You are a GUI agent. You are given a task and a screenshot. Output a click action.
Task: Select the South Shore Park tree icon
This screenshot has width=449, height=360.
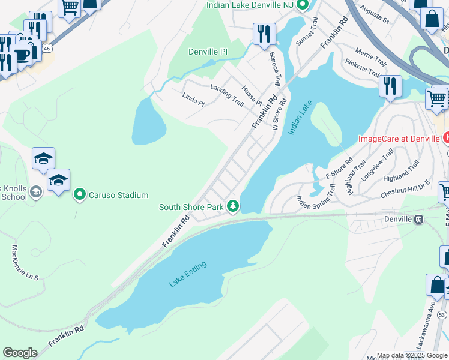[x=233, y=206]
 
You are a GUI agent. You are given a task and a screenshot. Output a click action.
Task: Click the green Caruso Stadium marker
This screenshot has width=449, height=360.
[x=79, y=195]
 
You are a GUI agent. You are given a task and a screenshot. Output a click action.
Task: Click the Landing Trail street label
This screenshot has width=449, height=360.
[x=226, y=95]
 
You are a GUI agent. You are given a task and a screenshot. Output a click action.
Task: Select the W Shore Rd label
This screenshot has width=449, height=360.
[x=280, y=110]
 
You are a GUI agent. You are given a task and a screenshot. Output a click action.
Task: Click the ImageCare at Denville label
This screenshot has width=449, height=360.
[x=399, y=139]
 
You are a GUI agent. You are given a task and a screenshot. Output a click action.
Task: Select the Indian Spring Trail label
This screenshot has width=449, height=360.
[x=316, y=194]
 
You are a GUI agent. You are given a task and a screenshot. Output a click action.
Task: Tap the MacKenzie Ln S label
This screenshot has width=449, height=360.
[x=25, y=263]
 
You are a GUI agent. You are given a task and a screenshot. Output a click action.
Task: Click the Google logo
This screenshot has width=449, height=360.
[x=20, y=353]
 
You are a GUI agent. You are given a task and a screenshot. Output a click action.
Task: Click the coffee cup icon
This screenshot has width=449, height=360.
[x=22, y=55]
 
